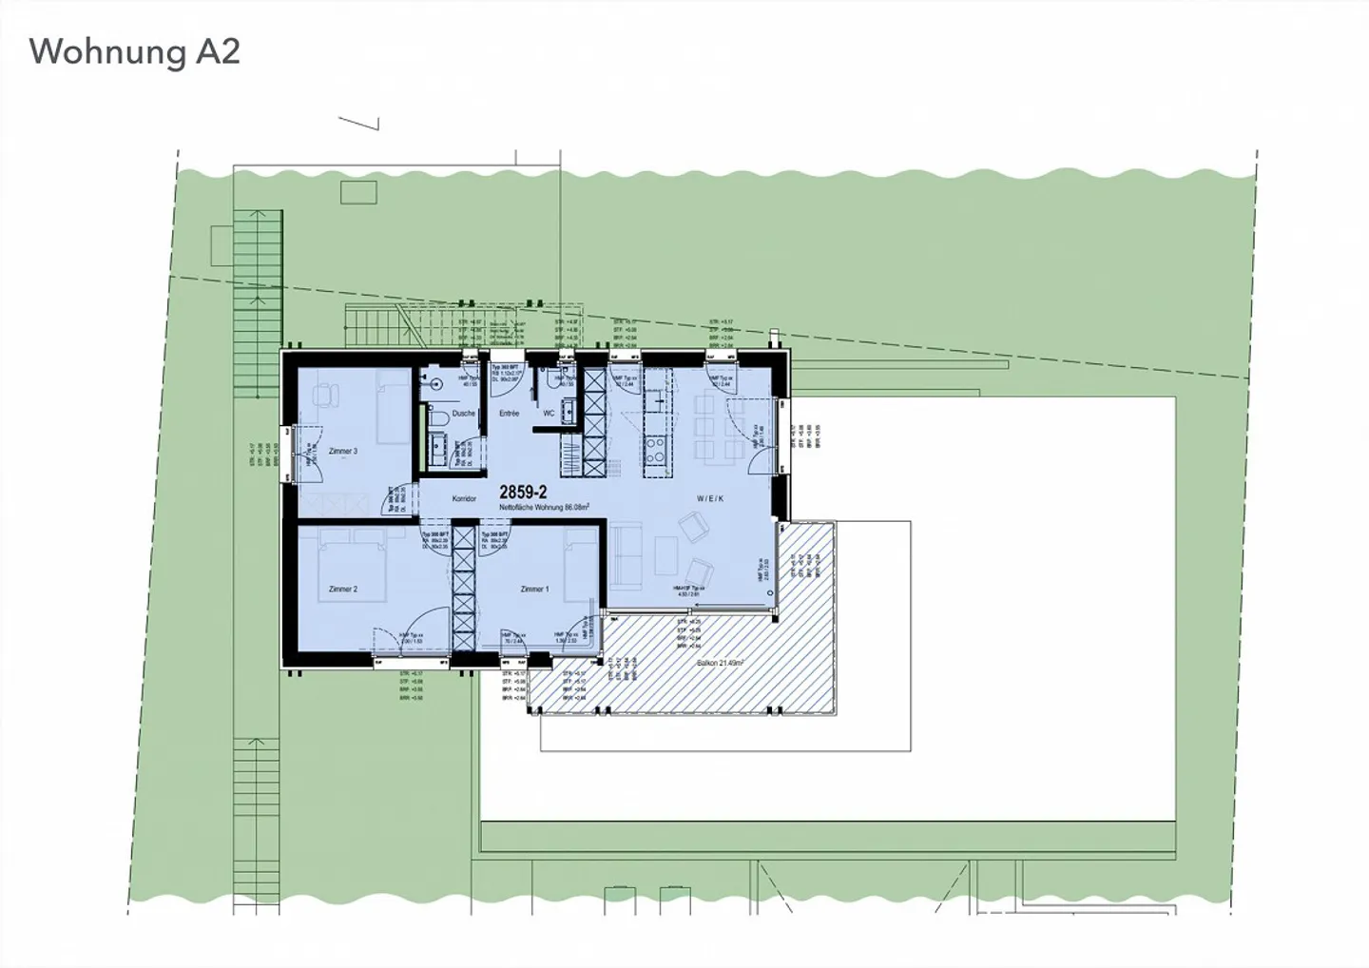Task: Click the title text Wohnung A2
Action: coord(135,51)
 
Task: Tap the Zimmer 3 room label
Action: coord(342,451)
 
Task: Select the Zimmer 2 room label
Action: coord(342,590)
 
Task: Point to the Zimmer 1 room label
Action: coord(534,590)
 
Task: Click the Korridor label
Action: coord(464,498)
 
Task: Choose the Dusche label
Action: coord(464,414)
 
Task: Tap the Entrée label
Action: coord(509,414)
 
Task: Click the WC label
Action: coord(549,414)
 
